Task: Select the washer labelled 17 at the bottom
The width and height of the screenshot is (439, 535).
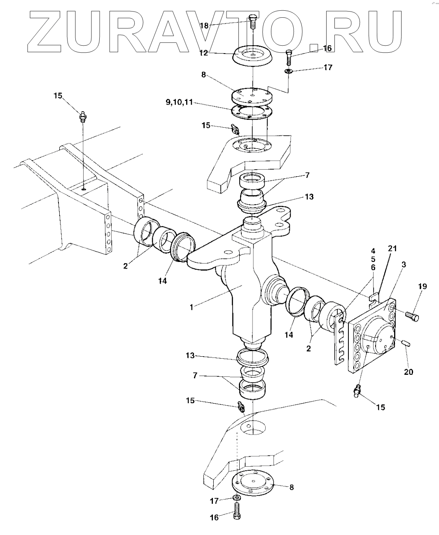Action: pyautogui.click(x=236, y=499)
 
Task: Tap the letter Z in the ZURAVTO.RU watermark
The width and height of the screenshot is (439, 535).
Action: pyautogui.click(x=45, y=32)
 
